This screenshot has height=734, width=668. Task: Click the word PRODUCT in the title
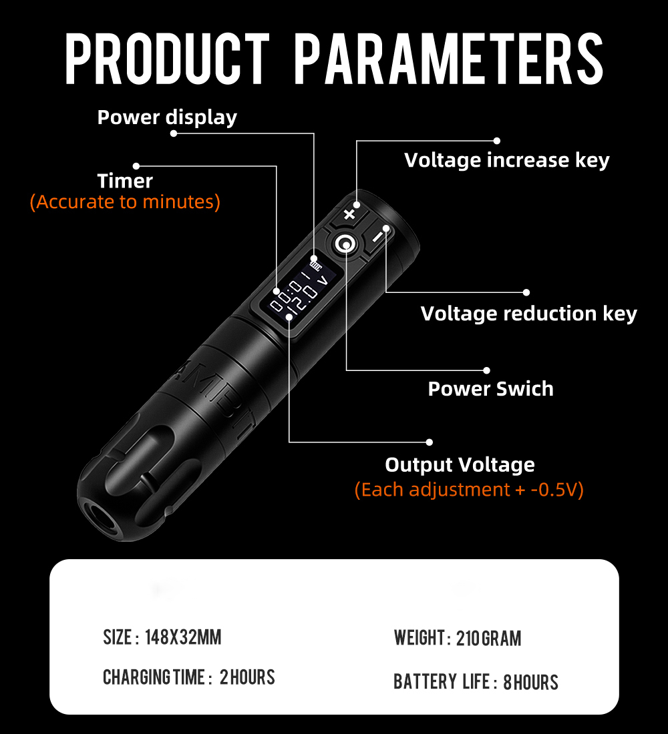point(168,59)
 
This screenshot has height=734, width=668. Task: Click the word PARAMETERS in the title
point(449,59)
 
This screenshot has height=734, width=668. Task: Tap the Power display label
point(167,117)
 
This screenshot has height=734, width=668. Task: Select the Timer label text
point(125,181)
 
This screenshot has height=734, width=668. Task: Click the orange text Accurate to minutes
point(125,202)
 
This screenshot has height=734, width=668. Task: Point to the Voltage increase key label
point(507,160)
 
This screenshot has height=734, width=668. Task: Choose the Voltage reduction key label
point(529,314)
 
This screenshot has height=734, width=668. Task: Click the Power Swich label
point(490,388)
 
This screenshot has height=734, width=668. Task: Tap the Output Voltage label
point(460,465)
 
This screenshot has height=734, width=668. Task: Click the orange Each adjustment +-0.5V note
point(469,490)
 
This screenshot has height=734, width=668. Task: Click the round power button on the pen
point(346,244)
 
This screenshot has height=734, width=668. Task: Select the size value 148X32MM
point(183,637)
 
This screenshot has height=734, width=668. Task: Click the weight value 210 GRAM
point(488,638)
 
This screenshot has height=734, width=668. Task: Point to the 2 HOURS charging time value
point(247,677)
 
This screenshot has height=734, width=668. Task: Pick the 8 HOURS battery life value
point(530,682)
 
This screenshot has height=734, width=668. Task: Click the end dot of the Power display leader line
point(174,133)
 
